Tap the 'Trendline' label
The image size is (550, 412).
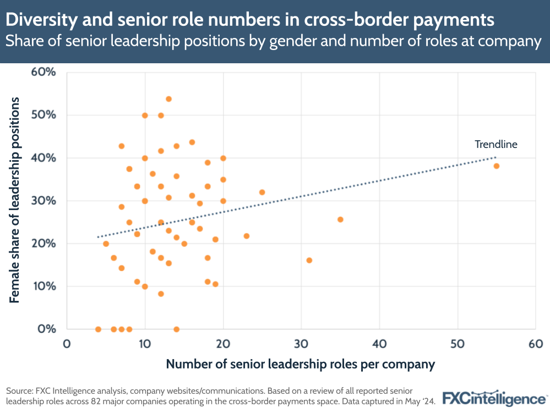click(x=496, y=145)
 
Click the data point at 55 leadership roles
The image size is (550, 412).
click(x=497, y=166)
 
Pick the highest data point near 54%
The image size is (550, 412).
click(x=168, y=99)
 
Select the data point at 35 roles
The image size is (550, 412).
click(x=340, y=219)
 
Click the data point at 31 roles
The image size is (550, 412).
click(x=309, y=260)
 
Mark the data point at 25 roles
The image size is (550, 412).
click(x=262, y=193)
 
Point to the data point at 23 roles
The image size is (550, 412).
click(x=247, y=236)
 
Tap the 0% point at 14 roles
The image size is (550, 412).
click(x=176, y=329)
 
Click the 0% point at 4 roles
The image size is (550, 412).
click(x=98, y=329)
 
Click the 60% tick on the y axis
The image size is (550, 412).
click(x=44, y=73)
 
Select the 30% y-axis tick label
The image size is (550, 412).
click(x=44, y=201)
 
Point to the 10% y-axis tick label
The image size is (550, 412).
click(x=44, y=287)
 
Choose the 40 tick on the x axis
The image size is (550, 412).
click(x=379, y=344)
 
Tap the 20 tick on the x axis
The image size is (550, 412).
click(x=223, y=344)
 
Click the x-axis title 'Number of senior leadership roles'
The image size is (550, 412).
click(x=301, y=364)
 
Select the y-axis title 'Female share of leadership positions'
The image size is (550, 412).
click(x=15, y=201)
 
